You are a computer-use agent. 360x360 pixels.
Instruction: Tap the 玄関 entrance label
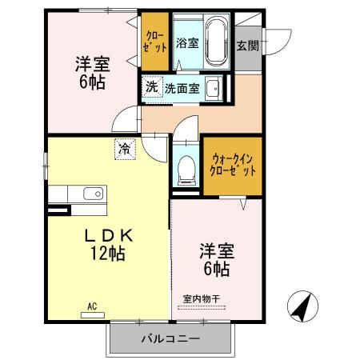coord(247,46)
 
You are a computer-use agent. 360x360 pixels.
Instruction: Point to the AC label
coord(92,306)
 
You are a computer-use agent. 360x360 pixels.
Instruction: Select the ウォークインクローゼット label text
coord(232,164)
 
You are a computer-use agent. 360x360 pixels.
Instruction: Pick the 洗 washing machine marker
coord(152,87)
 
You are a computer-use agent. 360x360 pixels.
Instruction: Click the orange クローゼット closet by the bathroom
coord(155,41)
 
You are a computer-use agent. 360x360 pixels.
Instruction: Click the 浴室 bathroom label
coord(187,42)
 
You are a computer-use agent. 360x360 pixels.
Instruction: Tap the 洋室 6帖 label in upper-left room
coord(92,71)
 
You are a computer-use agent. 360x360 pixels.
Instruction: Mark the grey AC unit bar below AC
coord(93,314)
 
